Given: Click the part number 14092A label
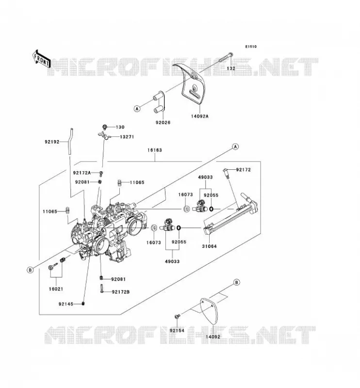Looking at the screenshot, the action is click(x=199, y=116).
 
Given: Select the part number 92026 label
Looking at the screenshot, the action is click(x=163, y=122).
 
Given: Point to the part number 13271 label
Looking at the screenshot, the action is click(x=127, y=137).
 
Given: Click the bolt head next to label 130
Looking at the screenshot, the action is click(x=105, y=127).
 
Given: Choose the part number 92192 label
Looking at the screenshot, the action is click(x=52, y=142).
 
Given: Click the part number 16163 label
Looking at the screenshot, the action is click(x=155, y=150).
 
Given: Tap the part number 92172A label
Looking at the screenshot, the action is click(x=82, y=173).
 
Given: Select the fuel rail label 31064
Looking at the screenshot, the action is click(x=209, y=246).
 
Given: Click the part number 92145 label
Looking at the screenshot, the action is click(x=66, y=304).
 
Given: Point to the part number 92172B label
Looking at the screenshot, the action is click(x=121, y=292).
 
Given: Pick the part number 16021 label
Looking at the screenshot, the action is click(x=56, y=289).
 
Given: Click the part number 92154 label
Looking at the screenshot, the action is click(x=177, y=330).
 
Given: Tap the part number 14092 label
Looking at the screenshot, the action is click(x=213, y=337).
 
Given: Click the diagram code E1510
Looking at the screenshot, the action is click(x=251, y=47).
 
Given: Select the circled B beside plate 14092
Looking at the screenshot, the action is click(x=237, y=282).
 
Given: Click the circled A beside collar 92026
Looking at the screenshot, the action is click(x=137, y=108).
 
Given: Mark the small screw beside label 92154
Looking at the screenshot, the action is click(x=177, y=316).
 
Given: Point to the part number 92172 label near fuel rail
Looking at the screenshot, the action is click(x=244, y=170).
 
